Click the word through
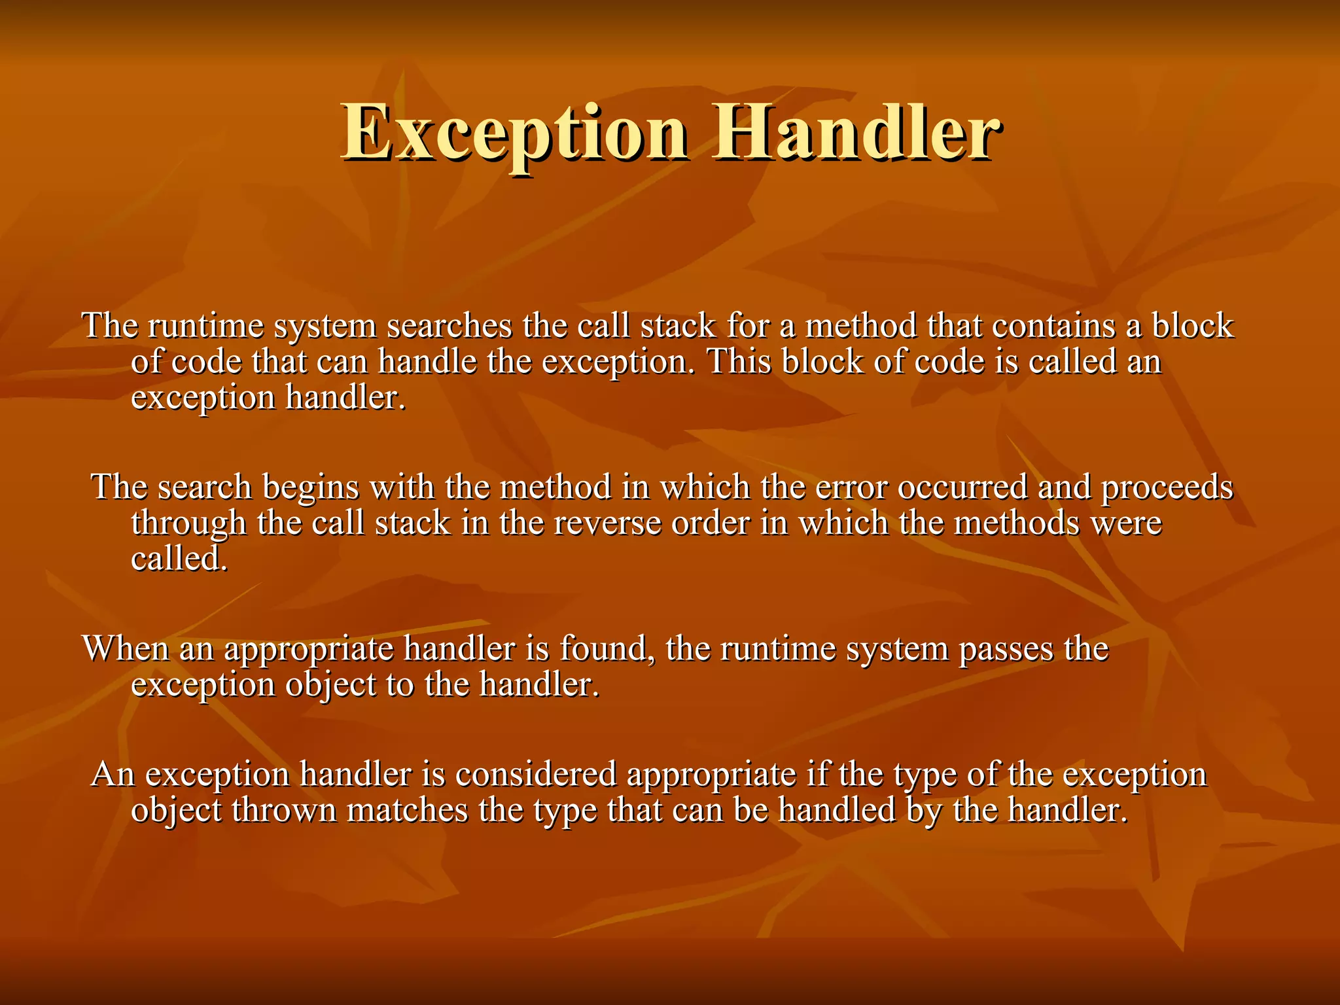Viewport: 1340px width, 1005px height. point(189,523)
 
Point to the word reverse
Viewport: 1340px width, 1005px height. point(608,523)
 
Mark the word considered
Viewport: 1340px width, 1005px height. point(536,774)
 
